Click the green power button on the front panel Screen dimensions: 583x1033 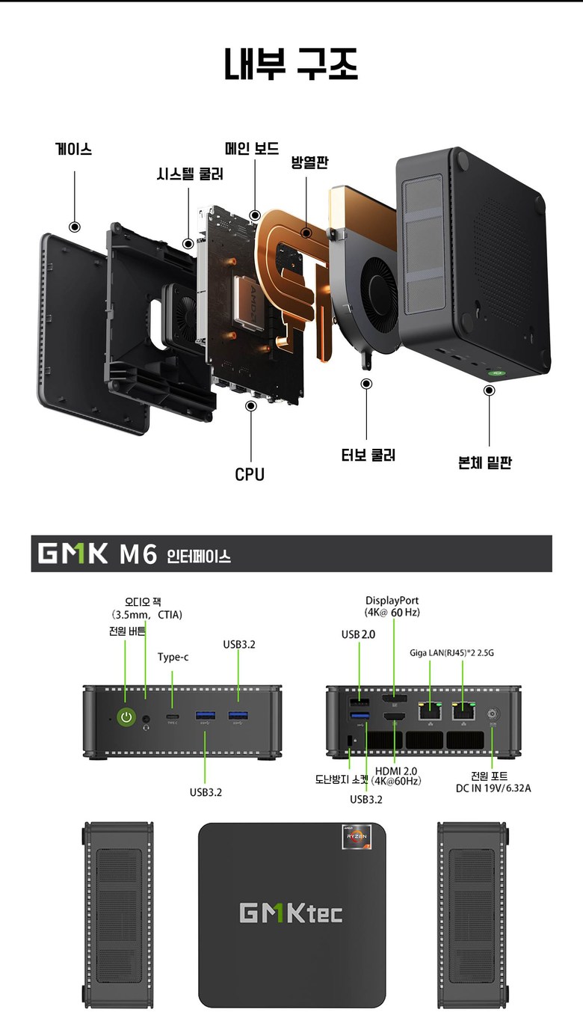point(126,717)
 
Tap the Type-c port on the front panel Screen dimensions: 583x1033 point(173,716)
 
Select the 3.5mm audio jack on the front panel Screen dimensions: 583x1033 point(146,718)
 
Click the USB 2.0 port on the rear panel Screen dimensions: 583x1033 point(359,703)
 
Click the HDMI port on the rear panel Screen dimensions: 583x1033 point(395,717)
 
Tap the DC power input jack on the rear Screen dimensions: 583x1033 point(493,714)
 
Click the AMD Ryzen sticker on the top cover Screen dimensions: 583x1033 point(357,836)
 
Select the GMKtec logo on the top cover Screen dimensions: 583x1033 point(291,913)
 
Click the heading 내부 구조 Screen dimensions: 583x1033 point(291,64)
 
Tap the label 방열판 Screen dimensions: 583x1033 point(309,162)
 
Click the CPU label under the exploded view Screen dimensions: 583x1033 point(250,474)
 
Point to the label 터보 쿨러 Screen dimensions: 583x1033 point(368,456)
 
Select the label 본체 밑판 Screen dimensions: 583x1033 point(485,462)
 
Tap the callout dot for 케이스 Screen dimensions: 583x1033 point(75,227)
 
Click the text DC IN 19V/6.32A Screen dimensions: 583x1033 point(493,788)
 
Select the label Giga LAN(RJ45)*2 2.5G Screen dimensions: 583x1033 point(451,652)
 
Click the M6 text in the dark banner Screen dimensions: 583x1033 point(138,554)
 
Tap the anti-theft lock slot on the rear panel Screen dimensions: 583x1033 point(349,741)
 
